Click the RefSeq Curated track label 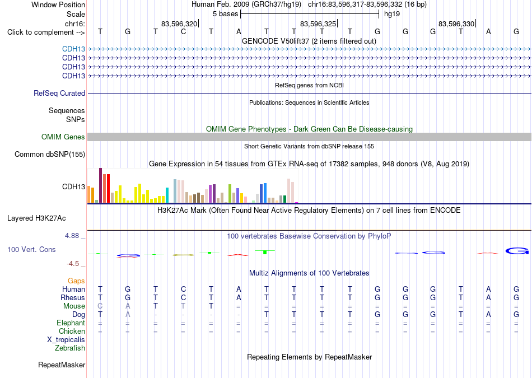(59, 93)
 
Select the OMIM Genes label (63, 137)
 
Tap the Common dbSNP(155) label (50, 155)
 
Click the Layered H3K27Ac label (36, 218)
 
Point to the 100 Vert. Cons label (31, 249)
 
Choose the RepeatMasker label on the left (62, 365)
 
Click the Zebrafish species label (70, 348)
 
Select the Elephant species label (71, 323)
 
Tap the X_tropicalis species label (66, 340)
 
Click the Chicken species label (72, 331)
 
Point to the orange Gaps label (76, 281)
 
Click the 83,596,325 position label (318, 24)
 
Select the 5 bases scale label (225, 14)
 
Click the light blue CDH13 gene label (73, 49)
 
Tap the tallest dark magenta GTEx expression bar (100, 185)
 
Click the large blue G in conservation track (517, 251)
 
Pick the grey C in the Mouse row (100, 306)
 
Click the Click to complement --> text (46, 32)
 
